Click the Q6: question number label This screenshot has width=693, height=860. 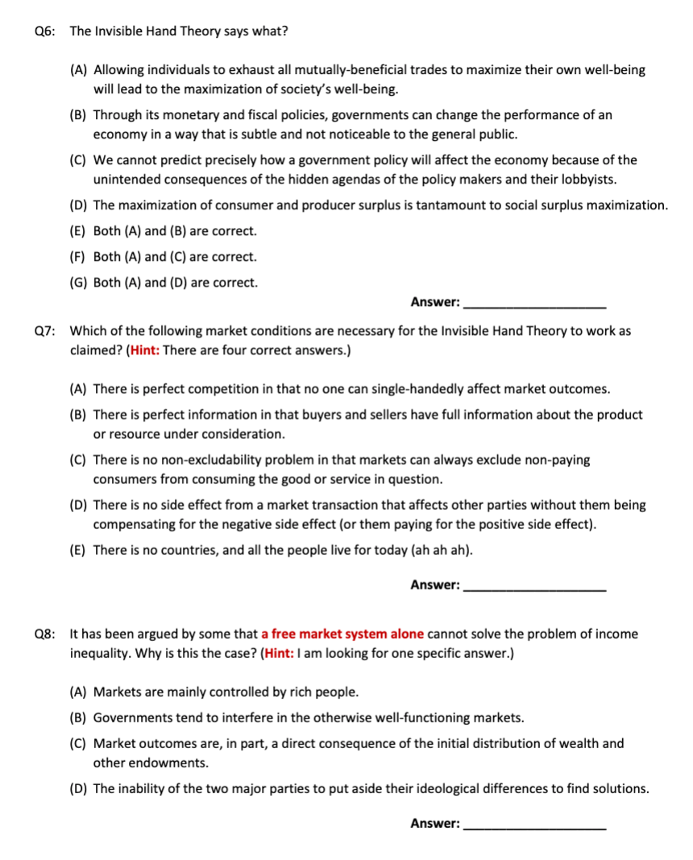click(45, 31)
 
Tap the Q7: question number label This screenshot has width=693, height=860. click(45, 331)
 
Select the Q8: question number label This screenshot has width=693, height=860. click(45, 634)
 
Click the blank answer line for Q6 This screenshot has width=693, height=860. click(536, 304)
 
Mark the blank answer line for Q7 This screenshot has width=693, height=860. click(536, 586)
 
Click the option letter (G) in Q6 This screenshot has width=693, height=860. click(79, 283)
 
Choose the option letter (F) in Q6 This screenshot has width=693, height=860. click(79, 257)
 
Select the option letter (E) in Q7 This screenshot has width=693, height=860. click(79, 550)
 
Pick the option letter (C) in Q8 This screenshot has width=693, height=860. click(79, 743)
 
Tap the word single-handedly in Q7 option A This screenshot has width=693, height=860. click(412, 389)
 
